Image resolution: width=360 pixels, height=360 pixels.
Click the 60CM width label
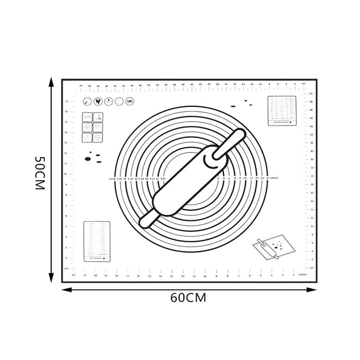coord(188,298)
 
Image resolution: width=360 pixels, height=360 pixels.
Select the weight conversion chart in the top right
coord(282,111)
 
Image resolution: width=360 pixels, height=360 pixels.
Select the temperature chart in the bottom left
coord(97,242)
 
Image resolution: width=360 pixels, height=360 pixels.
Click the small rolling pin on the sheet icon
coord(268,248)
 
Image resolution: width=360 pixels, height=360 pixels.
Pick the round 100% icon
coord(130,102)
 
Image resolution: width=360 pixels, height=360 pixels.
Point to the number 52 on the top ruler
coord(81,85)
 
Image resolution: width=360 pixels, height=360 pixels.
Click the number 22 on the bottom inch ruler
coord(74,276)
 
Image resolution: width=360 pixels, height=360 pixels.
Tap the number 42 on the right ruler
coord(311,94)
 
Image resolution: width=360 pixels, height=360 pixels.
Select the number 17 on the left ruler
coord(67,101)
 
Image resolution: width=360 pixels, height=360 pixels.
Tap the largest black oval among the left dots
coord(88,159)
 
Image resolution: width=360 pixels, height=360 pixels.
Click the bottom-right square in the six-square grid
coord(98,138)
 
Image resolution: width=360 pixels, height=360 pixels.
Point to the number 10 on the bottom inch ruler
coord(205,276)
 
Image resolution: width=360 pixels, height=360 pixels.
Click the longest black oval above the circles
coord(233,106)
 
